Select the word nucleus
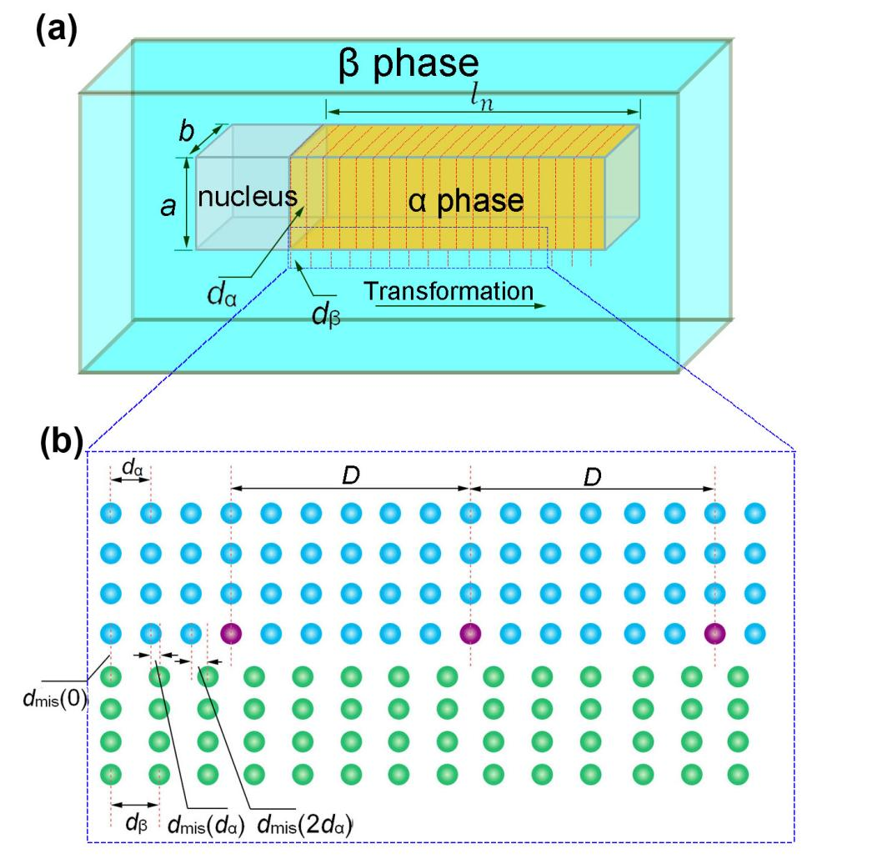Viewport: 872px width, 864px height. [247, 197]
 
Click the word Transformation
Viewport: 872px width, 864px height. [449, 292]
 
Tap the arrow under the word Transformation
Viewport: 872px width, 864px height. [459, 306]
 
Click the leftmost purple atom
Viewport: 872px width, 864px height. [230, 634]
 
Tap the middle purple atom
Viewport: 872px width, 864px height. [470, 634]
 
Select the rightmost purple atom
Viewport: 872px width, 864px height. [714, 634]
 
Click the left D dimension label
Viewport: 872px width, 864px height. [348, 475]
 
